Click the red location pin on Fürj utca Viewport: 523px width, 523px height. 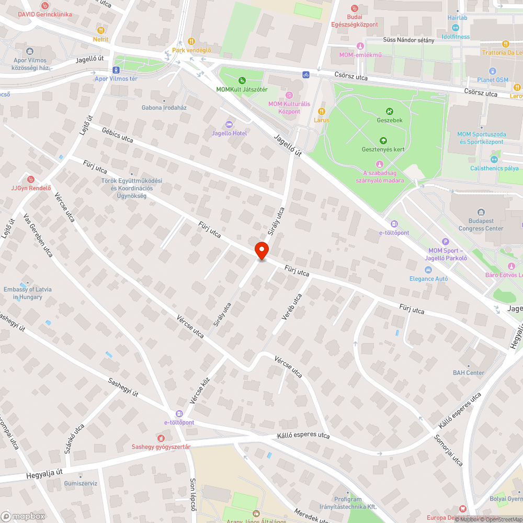point(261,251)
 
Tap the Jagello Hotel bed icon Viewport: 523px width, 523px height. point(229,124)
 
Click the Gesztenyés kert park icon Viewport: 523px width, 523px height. point(383,140)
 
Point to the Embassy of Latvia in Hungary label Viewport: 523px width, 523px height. point(28,293)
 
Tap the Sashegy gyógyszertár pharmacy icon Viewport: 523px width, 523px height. point(161,437)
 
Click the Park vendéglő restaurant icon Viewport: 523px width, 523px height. point(191,41)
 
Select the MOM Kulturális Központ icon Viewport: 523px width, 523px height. point(289,95)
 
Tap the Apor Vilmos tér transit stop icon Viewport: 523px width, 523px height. point(116,70)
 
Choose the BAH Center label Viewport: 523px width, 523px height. point(469,373)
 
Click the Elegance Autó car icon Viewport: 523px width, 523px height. point(428,269)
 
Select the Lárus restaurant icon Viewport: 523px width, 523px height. point(322,111)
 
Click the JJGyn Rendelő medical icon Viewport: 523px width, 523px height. point(30,179)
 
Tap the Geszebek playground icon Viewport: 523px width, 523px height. point(390,111)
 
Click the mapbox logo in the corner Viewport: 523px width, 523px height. point(23,516)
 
